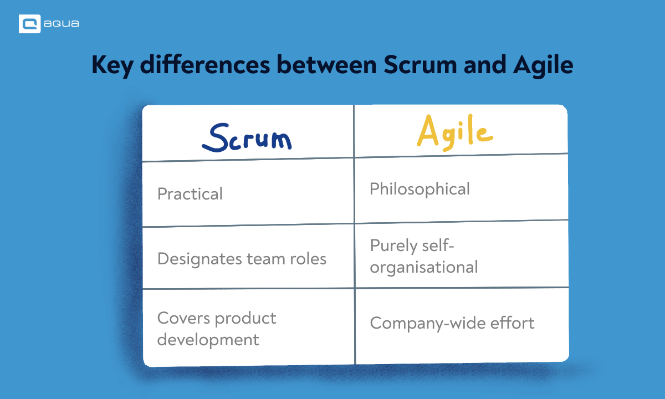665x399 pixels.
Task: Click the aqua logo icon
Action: click(29, 24)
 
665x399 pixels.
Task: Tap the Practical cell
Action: click(190, 194)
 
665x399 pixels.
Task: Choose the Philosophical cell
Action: click(420, 189)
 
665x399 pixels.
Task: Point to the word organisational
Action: click(424, 268)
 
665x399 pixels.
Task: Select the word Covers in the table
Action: click(183, 318)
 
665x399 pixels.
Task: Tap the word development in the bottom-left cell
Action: click(208, 339)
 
